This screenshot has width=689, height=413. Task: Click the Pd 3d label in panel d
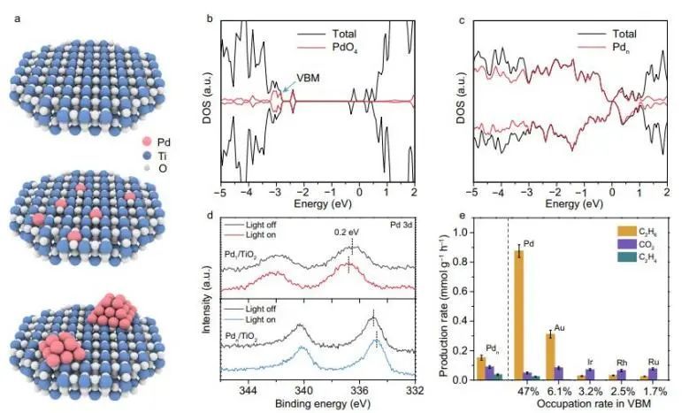(400, 226)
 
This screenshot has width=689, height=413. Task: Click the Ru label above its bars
(653, 362)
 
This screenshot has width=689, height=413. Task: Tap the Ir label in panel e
(589, 363)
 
